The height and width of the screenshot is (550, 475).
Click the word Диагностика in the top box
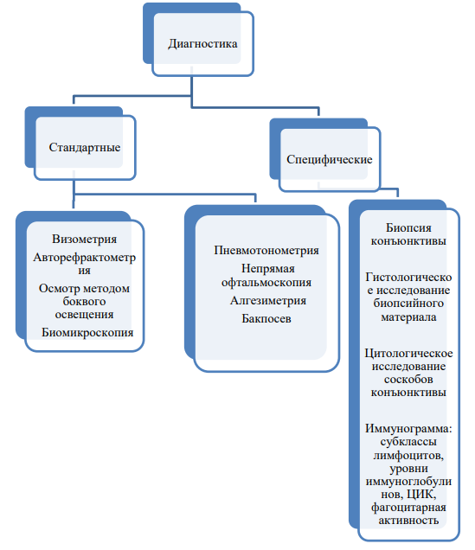[x=202, y=44]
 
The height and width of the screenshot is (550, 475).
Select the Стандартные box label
[x=85, y=147]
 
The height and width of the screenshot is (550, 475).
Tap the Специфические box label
[x=330, y=160]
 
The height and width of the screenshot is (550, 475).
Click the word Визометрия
[x=84, y=239]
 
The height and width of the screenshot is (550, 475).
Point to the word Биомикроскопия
[x=87, y=332]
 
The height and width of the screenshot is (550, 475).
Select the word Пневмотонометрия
[x=266, y=250]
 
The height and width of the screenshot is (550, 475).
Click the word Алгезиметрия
[x=268, y=301]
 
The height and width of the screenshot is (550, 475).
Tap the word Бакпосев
[x=266, y=318]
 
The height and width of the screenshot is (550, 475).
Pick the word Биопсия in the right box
[x=408, y=228]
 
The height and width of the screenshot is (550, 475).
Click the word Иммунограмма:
[x=408, y=429]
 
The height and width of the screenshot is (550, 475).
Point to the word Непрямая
[x=268, y=269]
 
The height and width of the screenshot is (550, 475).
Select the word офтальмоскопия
[x=266, y=283]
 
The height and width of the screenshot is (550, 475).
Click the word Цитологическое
[x=408, y=353]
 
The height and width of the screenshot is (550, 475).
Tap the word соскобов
[x=408, y=380]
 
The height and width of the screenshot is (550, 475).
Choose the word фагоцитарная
[x=408, y=508]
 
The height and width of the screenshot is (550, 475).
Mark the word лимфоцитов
[x=408, y=456]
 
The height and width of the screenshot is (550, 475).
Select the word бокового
[x=84, y=301]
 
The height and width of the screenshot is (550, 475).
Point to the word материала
[x=408, y=317]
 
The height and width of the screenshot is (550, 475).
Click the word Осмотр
[x=59, y=288]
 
